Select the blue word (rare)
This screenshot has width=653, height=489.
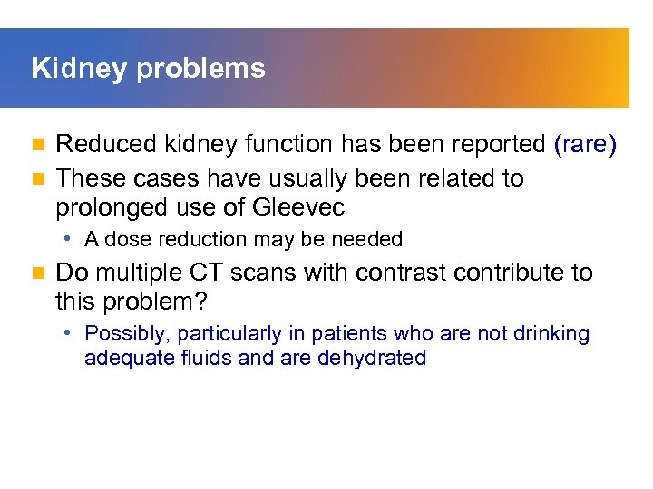tap(585, 144)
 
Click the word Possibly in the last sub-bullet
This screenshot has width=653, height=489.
tap(122, 333)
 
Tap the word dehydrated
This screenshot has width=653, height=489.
tap(372, 358)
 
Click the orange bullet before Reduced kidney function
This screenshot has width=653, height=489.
tap(37, 144)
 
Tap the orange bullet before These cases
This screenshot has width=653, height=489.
tap(37, 178)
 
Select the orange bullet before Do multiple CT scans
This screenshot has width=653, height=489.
tap(37, 273)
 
